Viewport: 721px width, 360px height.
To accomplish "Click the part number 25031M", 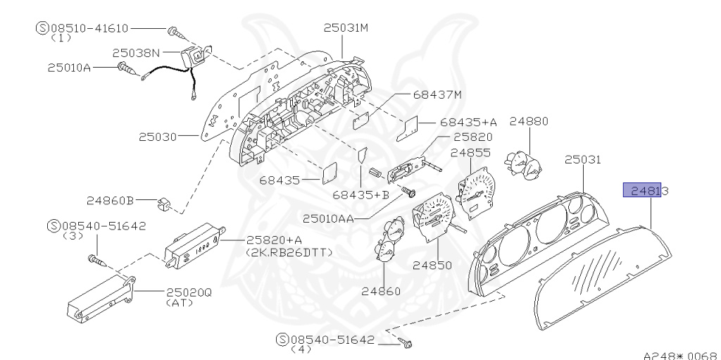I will click(346, 28).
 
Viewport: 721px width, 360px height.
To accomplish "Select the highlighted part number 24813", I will click(644, 190).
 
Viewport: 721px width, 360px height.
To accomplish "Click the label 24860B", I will click(111, 201).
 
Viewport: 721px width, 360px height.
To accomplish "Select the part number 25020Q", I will click(188, 292).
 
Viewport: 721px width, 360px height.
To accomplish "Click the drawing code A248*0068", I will click(679, 355).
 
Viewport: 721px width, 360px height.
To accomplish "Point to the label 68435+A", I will click(468, 122).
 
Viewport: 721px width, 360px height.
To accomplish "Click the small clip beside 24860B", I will click(164, 204).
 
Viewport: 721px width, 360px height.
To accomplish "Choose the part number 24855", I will click(470, 152).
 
